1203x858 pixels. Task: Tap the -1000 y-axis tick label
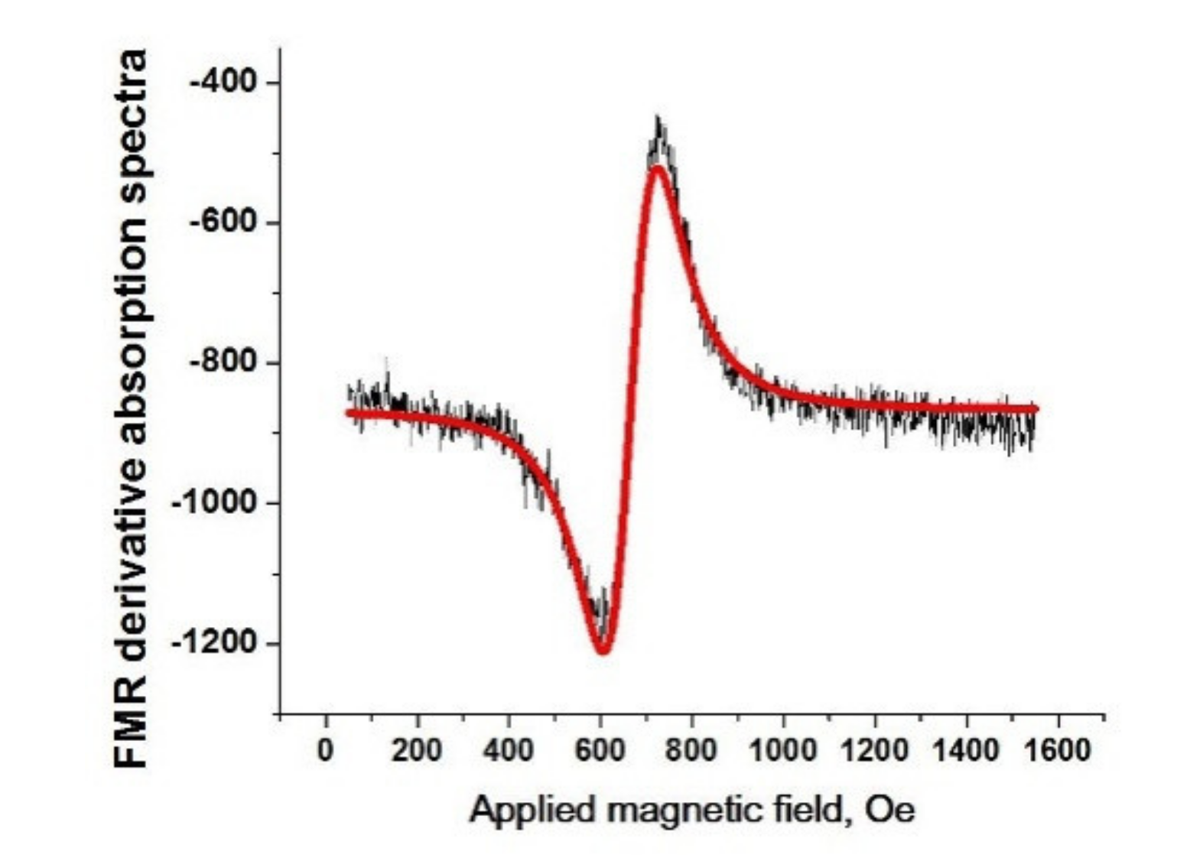(217, 502)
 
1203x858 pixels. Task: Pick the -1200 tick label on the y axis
(217, 643)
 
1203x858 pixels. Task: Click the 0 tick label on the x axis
(326, 750)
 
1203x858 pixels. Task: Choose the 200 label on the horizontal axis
(417, 750)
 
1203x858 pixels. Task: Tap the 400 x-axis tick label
(509, 750)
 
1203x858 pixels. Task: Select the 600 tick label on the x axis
(600, 750)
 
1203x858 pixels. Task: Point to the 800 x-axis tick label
(691, 750)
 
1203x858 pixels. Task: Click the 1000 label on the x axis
(783, 750)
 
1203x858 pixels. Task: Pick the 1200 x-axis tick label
(875, 750)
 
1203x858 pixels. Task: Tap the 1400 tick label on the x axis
(967, 750)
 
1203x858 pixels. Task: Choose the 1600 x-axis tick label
(1058, 750)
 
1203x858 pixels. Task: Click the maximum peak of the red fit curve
(656, 168)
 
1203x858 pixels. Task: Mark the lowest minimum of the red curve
(603, 651)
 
